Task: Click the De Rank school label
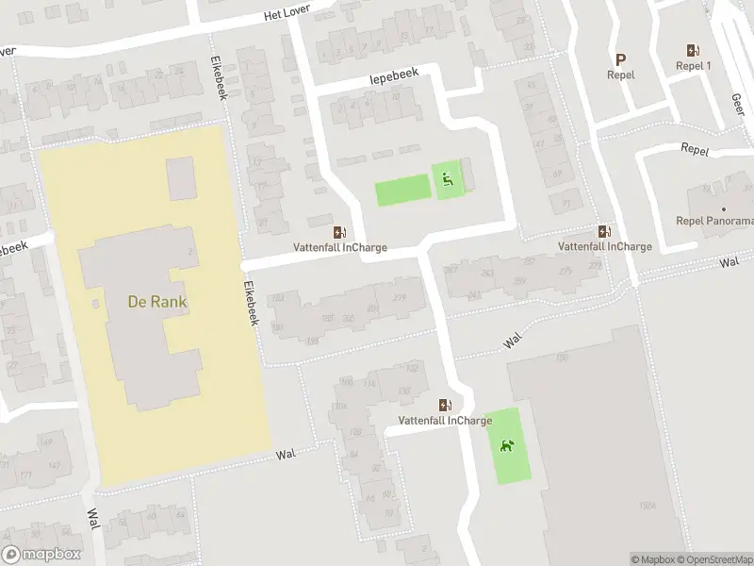pyautogui.click(x=157, y=302)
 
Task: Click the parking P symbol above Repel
pyautogui.click(x=620, y=58)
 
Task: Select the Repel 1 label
pyautogui.click(x=694, y=66)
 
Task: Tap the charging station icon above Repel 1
pyautogui.click(x=694, y=50)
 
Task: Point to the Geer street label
pyautogui.click(x=737, y=102)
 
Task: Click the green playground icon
pyautogui.click(x=448, y=178)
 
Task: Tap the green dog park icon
pyautogui.click(x=507, y=445)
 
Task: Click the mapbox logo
pyautogui.click(x=41, y=555)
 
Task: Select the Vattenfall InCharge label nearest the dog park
pyautogui.click(x=445, y=421)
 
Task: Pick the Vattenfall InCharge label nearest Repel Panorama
pyautogui.click(x=604, y=246)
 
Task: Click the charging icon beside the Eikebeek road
pyautogui.click(x=338, y=232)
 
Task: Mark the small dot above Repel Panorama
pyautogui.click(x=724, y=209)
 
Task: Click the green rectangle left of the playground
pyautogui.click(x=402, y=191)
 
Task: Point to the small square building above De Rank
pyautogui.click(x=181, y=178)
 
